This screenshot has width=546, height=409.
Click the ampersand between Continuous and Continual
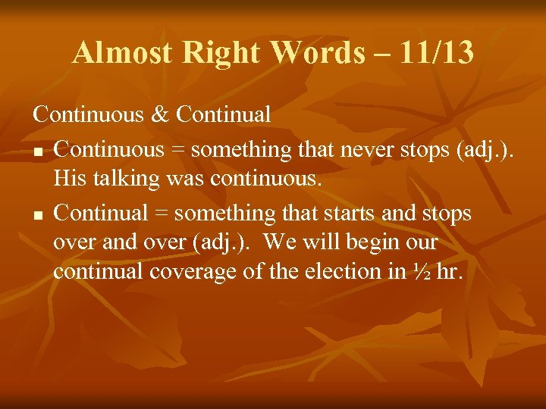(158, 115)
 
